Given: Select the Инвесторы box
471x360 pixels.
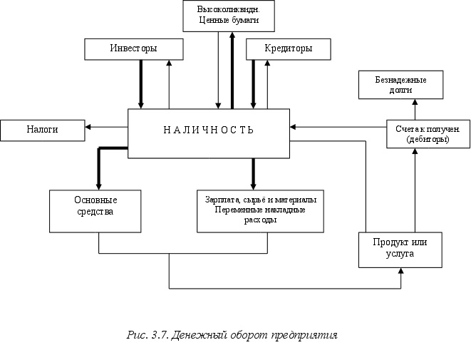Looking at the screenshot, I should pyautogui.click(x=133, y=48).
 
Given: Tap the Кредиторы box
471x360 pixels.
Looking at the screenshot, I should pyautogui.click(x=288, y=48).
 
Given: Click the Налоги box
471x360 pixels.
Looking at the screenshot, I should pyautogui.click(x=42, y=130).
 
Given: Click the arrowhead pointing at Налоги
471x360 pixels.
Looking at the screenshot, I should pyautogui.click(x=88, y=128).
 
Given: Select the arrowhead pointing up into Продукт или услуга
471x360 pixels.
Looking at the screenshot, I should pyautogui.click(x=401, y=272).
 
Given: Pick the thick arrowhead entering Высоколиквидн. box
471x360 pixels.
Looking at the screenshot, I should pyautogui.click(x=232, y=36).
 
